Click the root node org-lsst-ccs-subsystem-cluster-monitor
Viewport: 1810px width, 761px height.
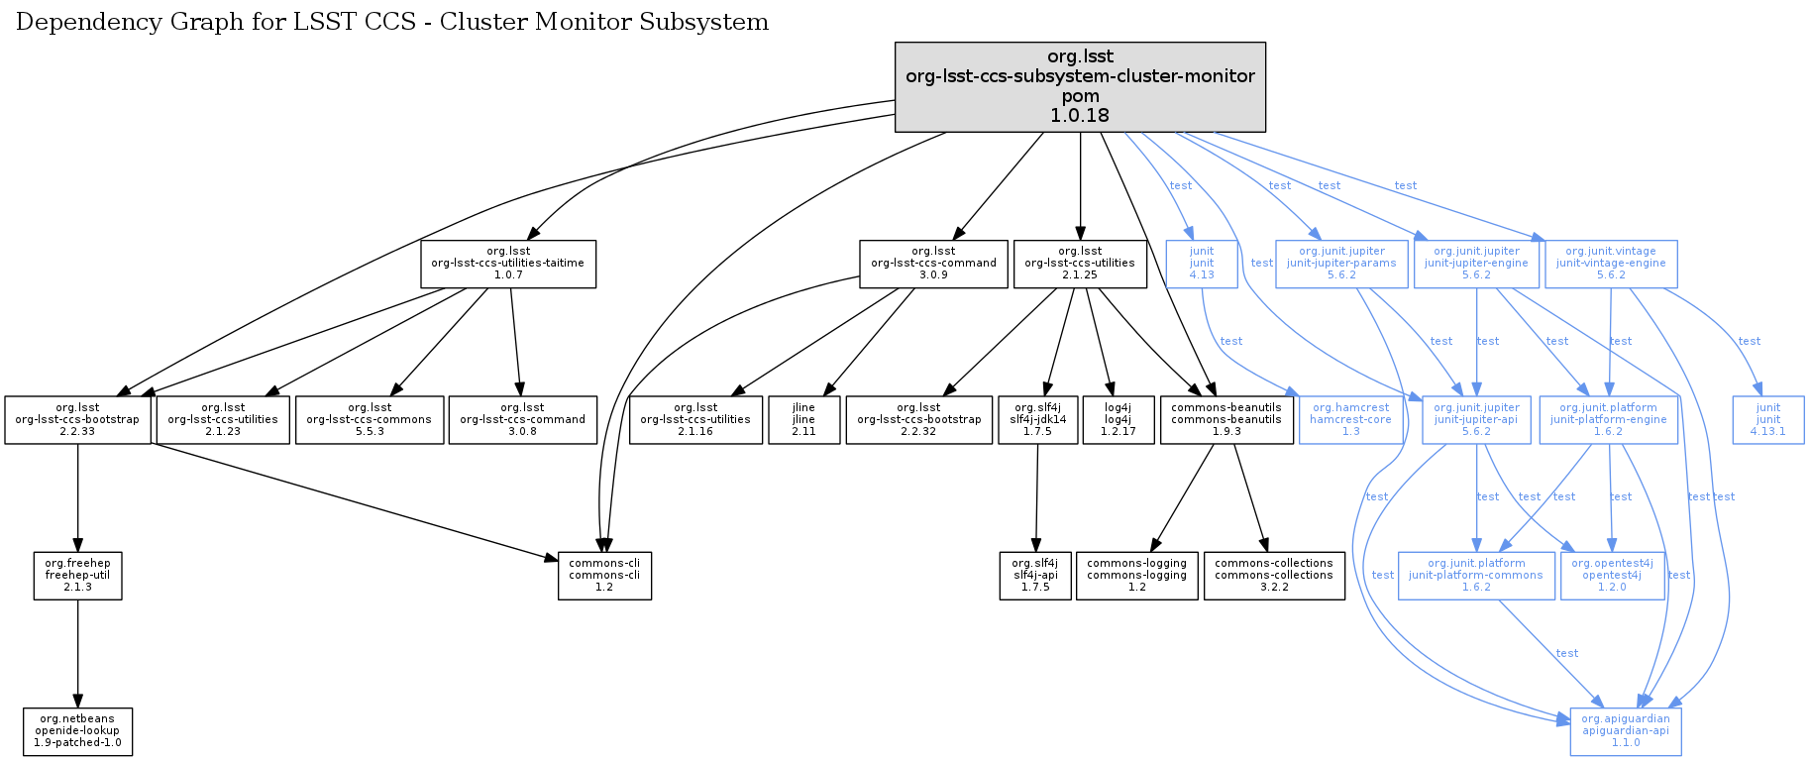pyautogui.click(x=1080, y=86)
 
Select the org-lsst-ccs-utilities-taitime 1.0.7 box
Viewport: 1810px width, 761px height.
pyautogui.click(x=508, y=264)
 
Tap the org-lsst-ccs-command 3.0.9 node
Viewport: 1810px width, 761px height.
pyautogui.click(x=933, y=264)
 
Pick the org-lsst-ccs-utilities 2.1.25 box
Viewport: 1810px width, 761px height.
pyautogui.click(x=1080, y=264)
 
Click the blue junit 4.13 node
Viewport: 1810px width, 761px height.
pyautogui.click(x=1201, y=264)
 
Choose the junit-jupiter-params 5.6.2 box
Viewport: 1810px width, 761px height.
pyautogui.click(x=1341, y=264)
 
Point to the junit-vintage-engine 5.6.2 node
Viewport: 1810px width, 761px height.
pyautogui.click(x=1611, y=264)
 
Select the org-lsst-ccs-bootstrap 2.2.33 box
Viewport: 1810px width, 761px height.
pyautogui.click(x=77, y=420)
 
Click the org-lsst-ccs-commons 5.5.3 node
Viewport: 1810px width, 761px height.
pyautogui.click(x=370, y=420)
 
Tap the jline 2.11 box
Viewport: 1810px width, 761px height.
pyautogui.click(x=803, y=420)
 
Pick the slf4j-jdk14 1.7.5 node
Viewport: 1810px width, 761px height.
pyautogui.click(x=1037, y=420)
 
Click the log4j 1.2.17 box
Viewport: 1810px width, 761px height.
pyautogui.click(x=1118, y=420)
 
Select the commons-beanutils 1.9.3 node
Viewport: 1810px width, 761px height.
pyautogui.click(x=1225, y=420)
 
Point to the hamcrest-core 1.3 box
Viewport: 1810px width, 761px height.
pyautogui.click(x=1350, y=420)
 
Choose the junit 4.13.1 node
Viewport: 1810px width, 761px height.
pyautogui.click(x=1767, y=420)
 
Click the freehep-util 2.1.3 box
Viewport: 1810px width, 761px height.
pyautogui.click(x=77, y=576)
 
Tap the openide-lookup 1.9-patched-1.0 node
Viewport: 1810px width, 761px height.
pyautogui.click(x=77, y=731)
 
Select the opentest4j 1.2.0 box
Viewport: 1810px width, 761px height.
pyautogui.click(x=1611, y=576)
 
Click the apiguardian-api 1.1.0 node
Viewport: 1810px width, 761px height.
pyautogui.click(x=1625, y=731)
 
